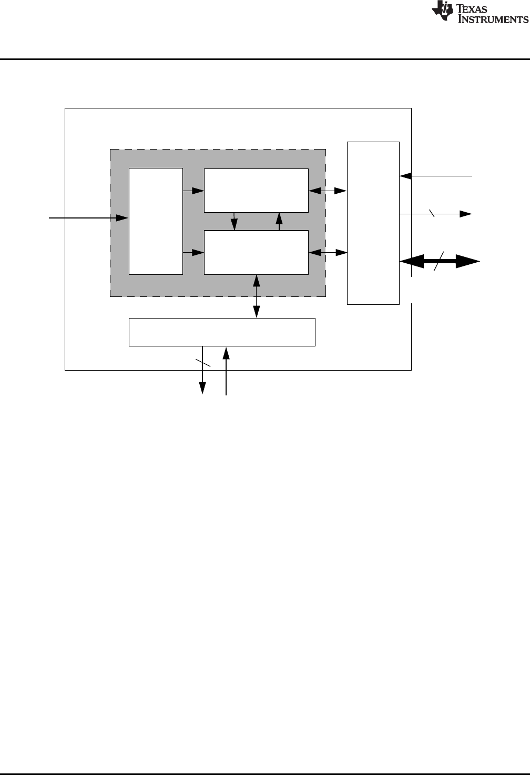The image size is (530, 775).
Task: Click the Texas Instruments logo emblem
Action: pos(441,12)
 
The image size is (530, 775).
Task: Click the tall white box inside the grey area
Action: pos(156,221)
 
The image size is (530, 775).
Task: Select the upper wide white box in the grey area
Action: pos(256,190)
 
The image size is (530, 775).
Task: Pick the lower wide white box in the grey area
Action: pos(256,252)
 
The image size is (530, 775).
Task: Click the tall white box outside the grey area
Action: pos(373,223)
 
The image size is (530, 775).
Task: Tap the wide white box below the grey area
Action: pos(222,332)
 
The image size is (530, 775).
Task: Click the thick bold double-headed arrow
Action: pos(440,261)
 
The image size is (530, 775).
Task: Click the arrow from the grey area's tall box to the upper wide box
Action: pos(193,191)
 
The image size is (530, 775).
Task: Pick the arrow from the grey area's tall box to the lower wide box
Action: pos(193,253)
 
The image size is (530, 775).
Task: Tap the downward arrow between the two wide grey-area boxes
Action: pos(234,221)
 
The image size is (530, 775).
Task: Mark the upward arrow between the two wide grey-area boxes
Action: pos(279,221)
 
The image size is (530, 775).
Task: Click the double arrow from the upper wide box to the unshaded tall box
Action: pos(328,191)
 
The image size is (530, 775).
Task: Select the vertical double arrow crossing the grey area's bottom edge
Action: pos(257,296)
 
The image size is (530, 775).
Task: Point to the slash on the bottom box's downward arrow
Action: pos(203,363)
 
